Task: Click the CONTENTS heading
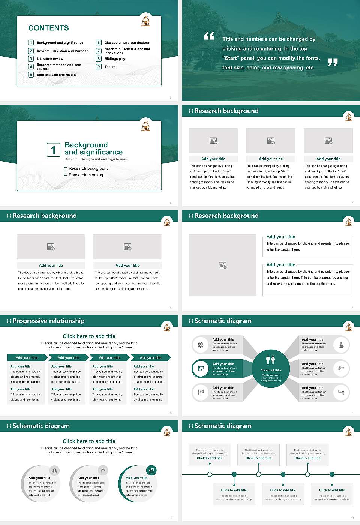pos(48,28)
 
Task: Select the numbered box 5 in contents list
pos(31,75)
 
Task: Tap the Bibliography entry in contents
pos(115,59)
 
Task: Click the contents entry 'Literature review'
pos(50,59)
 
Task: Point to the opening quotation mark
pos(209,36)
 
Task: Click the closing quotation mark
pos(333,63)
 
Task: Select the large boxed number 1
pos(53,150)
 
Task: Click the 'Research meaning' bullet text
pos(85,175)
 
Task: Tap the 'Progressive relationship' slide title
pos(48,321)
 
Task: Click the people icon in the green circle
pos(271,360)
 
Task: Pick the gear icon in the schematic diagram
pos(201,345)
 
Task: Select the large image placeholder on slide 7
pos(223,265)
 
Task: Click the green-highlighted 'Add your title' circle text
pos(136,478)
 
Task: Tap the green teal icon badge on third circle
pos(151,470)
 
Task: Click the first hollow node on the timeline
pos(210,474)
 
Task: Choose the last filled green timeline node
pos(332,474)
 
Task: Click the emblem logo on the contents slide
pos(145,21)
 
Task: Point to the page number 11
pos(352,518)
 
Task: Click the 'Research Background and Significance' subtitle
pos(96,159)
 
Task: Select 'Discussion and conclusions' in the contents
pos(127,43)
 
